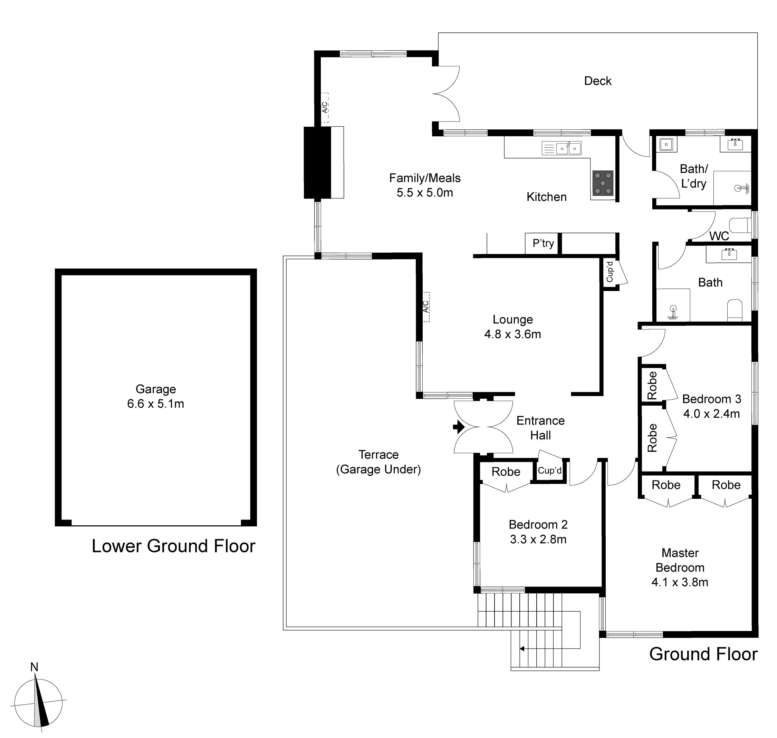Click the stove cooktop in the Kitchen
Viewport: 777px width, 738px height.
tap(603, 183)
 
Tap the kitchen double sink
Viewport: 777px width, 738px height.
tap(568, 148)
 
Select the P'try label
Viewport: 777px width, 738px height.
tap(543, 243)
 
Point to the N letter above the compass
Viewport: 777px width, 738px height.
tap(34, 667)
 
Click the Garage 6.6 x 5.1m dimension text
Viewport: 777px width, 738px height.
tap(155, 404)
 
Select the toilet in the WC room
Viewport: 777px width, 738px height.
tap(740, 226)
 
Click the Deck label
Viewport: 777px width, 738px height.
tap(597, 81)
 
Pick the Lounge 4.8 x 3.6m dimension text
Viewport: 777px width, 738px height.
tap(512, 334)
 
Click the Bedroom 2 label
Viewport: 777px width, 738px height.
tap(538, 524)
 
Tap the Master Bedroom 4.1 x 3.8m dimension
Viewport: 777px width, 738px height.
tap(680, 582)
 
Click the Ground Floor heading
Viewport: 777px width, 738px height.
tap(703, 654)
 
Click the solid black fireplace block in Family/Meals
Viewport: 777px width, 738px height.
tap(317, 163)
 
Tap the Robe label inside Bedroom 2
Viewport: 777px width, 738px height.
tap(506, 471)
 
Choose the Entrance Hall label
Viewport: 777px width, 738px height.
tap(540, 428)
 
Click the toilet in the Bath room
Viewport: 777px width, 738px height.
tap(735, 310)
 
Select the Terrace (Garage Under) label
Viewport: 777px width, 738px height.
tap(378, 462)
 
